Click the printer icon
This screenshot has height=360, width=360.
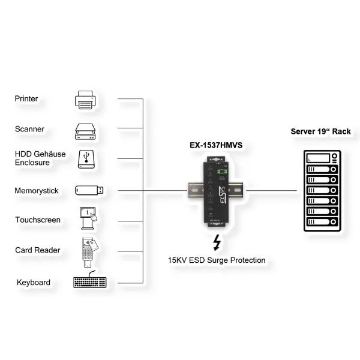[x=86, y=99]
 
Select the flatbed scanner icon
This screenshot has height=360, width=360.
[x=86, y=130]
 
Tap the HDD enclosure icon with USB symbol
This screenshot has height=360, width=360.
[x=86, y=159]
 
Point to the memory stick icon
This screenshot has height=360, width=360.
[x=89, y=190]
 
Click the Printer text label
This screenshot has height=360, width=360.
[x=26, y=98]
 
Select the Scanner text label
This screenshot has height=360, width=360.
[x=29, y=129]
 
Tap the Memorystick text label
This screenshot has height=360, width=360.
[x=37, y=191]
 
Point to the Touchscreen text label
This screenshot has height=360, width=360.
[x=38, y=220]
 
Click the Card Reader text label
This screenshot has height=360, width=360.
[x=38, y=250]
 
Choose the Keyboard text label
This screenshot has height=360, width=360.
[x=34, y=282]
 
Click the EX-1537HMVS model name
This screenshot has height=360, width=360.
[x=213, y=145]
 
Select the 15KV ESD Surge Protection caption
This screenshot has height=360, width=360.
[x=217, y=260]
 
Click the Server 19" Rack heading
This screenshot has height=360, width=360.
[x=320, y=131]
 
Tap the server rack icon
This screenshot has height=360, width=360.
[x=321, y=192]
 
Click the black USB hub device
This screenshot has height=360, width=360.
[x=217, y=191]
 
